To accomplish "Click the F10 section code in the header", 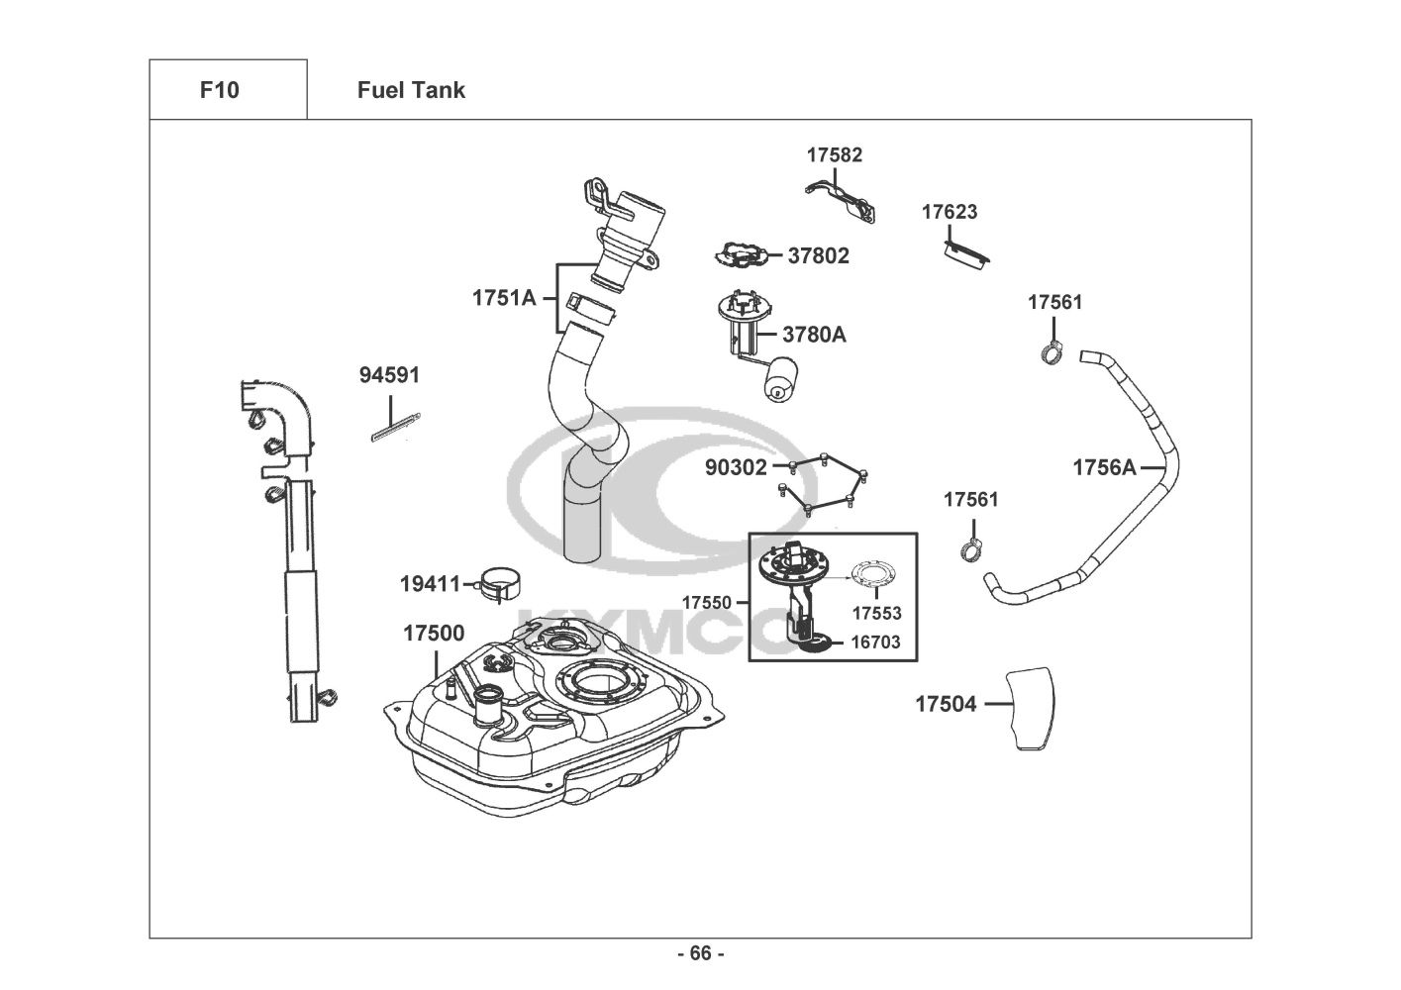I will point(219,90).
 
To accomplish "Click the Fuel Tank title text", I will point(411,90).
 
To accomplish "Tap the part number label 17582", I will point(834,154).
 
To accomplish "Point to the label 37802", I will point(818,255).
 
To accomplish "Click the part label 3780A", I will point(814,335).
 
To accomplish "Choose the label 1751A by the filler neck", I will point(503,297).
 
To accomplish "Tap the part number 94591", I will point(389,375).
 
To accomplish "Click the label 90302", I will point(736,467).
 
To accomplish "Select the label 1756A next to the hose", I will point(1104,467).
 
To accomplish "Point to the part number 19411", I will point(431,584).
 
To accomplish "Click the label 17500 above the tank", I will point(433,634).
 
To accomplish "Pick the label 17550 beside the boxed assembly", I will point(706,602).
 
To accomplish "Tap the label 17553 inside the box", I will point(876,614).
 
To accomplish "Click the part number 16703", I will point(876,643).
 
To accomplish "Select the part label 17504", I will point(945,704).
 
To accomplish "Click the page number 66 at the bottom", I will point(700,953).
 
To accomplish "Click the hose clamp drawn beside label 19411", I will point(502,584).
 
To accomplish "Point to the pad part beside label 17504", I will point(1030,709).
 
